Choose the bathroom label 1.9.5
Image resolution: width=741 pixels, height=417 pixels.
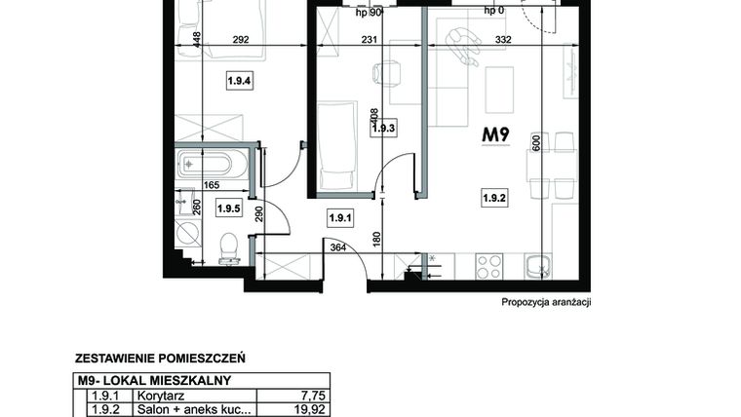point(229,208)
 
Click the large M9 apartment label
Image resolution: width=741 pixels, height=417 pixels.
point(498,136)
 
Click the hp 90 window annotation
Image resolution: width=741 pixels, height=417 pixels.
point(369,12)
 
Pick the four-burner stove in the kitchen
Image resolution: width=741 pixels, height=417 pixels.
point(488,265)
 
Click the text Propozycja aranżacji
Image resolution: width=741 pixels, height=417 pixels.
point(546,302)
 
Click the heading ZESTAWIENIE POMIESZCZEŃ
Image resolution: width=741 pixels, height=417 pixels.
point(159,358)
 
